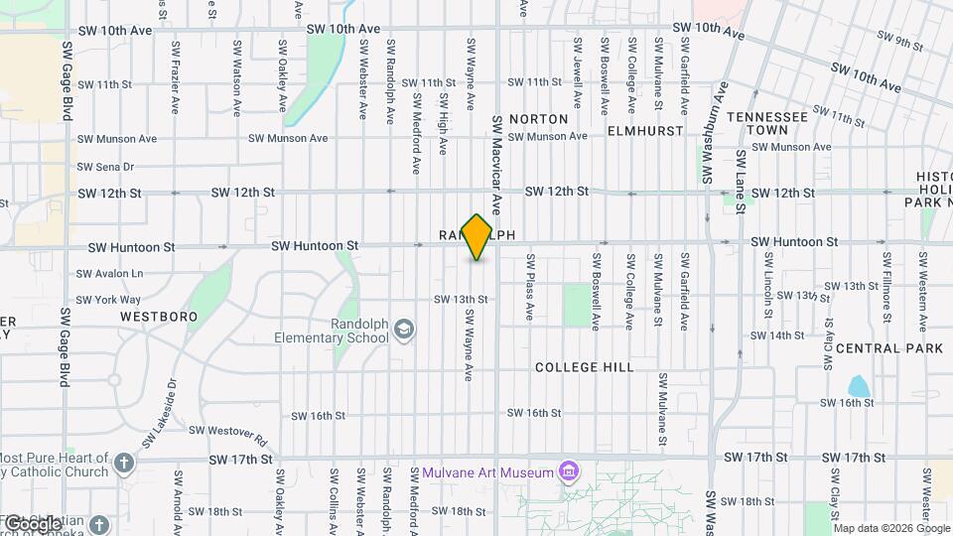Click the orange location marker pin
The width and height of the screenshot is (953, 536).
tap(477, 237)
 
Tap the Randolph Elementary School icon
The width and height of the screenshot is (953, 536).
tap(404, 329)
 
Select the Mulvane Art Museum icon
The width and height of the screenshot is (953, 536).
tap(568, 470)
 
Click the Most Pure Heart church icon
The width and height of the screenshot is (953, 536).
tap(123, 463)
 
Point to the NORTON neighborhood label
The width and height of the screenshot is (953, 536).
tap(538, 119)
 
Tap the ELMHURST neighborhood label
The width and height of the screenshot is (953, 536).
tap(645, 131)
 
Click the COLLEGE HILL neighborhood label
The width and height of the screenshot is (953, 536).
tap(584, 367)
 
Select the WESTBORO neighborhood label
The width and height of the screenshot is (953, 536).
tap(159, 317)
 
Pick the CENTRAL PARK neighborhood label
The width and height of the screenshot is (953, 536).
tap(889, 348)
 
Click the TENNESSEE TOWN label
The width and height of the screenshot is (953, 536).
tap(767, 123)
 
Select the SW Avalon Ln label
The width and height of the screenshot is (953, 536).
tap(110, 273)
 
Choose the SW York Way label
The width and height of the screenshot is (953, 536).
tap(108, 299)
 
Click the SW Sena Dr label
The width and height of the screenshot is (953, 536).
tap(105, 167)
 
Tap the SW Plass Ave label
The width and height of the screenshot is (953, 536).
tap(530, 287)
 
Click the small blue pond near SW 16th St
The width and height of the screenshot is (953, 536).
tap(858, 386)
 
